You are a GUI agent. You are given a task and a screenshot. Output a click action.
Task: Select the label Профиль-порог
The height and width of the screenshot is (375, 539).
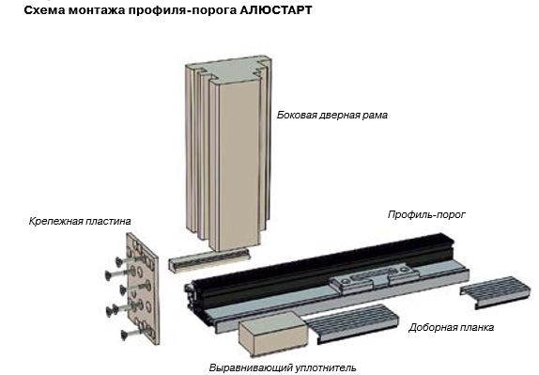pos(426,215)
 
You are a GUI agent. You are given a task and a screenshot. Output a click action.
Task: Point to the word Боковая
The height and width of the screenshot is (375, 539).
pos(300,116)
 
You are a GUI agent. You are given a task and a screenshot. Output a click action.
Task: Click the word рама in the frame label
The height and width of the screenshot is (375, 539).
pos(374,116)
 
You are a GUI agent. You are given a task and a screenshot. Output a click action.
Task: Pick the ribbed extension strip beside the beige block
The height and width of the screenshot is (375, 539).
pos(352,323)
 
